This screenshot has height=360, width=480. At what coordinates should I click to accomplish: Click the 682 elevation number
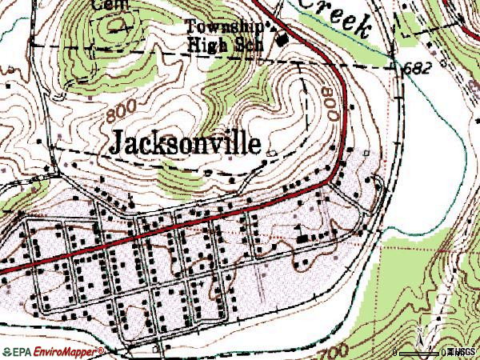418,68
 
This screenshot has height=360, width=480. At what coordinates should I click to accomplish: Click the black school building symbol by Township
281,38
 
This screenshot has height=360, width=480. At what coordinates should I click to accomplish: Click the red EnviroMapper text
65,350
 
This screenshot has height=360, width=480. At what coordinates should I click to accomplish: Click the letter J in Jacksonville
113,143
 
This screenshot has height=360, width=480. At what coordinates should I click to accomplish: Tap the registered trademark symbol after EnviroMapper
102,350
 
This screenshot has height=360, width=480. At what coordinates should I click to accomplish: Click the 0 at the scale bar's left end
398,352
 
